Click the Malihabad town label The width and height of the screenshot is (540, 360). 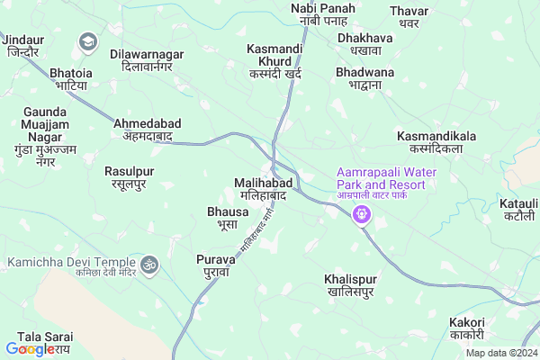tap(260, 188)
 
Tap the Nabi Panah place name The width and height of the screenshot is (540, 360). tap(323, 15)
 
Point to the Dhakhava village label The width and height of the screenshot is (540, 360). tap(360, 45)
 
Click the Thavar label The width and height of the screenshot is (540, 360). tap(408, 18)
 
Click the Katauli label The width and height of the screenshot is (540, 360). tap(521, 211)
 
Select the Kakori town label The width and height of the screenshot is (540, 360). tap(467, 330)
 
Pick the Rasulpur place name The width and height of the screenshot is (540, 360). tap(131, 177)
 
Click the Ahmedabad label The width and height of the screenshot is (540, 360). tap(148, 130)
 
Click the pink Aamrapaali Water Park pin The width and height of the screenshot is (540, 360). tap(362, 215)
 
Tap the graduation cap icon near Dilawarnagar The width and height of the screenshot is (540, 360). tap(88, 40)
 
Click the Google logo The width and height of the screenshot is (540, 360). tap(30, 349)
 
